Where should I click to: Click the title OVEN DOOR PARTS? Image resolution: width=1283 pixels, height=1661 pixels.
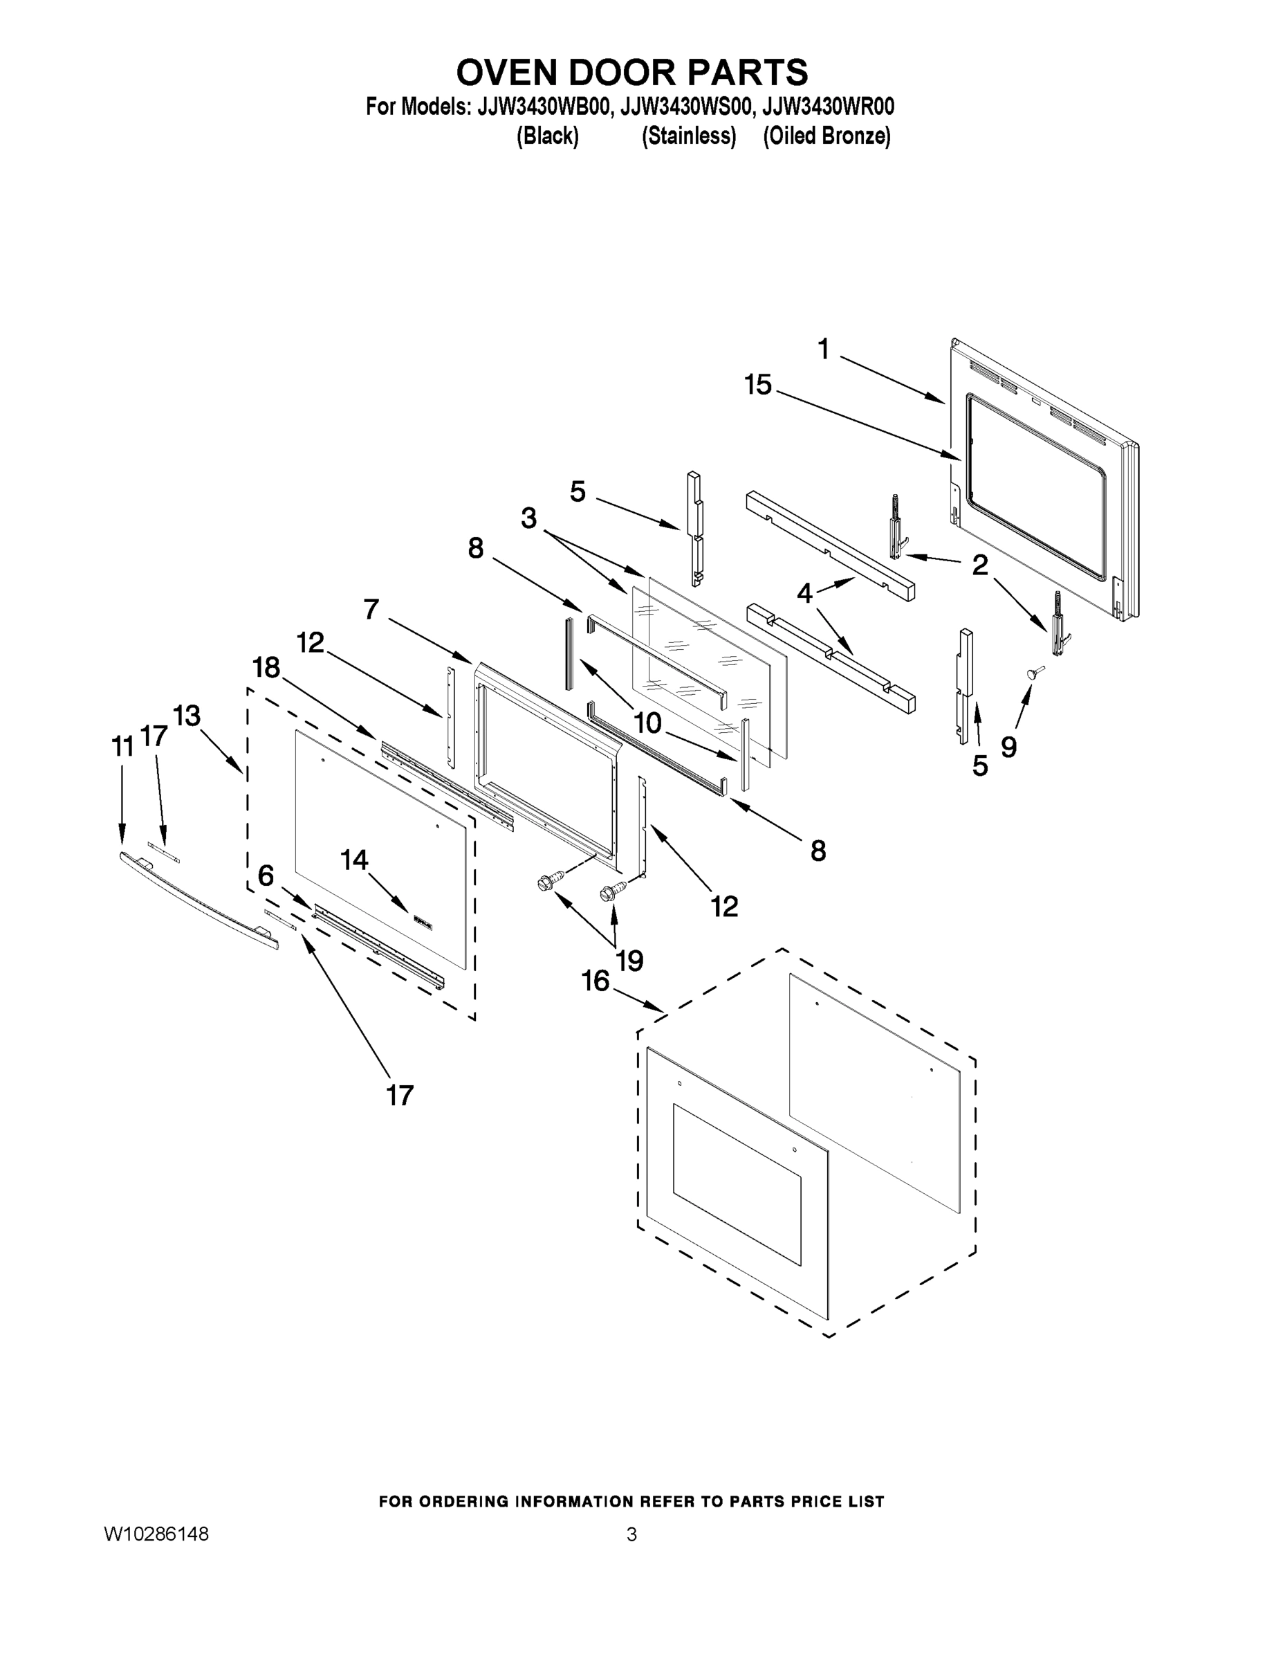[x=631, y=73]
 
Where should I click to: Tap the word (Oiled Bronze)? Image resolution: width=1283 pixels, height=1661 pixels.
[x=827, y=136]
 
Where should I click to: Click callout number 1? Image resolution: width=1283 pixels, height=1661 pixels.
[x=824, y=349]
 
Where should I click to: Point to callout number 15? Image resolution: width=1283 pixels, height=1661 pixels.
[x=758, y=385]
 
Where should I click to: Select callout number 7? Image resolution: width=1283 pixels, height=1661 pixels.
[x=371, y=609]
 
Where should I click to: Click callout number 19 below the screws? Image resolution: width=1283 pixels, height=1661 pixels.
[x=629, y=961]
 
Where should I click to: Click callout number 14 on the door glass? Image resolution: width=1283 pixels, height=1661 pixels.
[x=354, y=860]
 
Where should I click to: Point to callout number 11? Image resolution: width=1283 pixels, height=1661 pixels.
[x=122, y=747]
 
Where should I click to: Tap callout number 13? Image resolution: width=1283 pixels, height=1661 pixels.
[x=186, y=716]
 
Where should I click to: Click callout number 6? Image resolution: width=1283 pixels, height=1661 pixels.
[x=266, y=876]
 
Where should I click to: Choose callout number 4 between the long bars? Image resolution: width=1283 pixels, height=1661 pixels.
[x=804, y=593]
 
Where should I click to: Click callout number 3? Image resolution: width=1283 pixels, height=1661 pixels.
[x=528, y=518]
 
